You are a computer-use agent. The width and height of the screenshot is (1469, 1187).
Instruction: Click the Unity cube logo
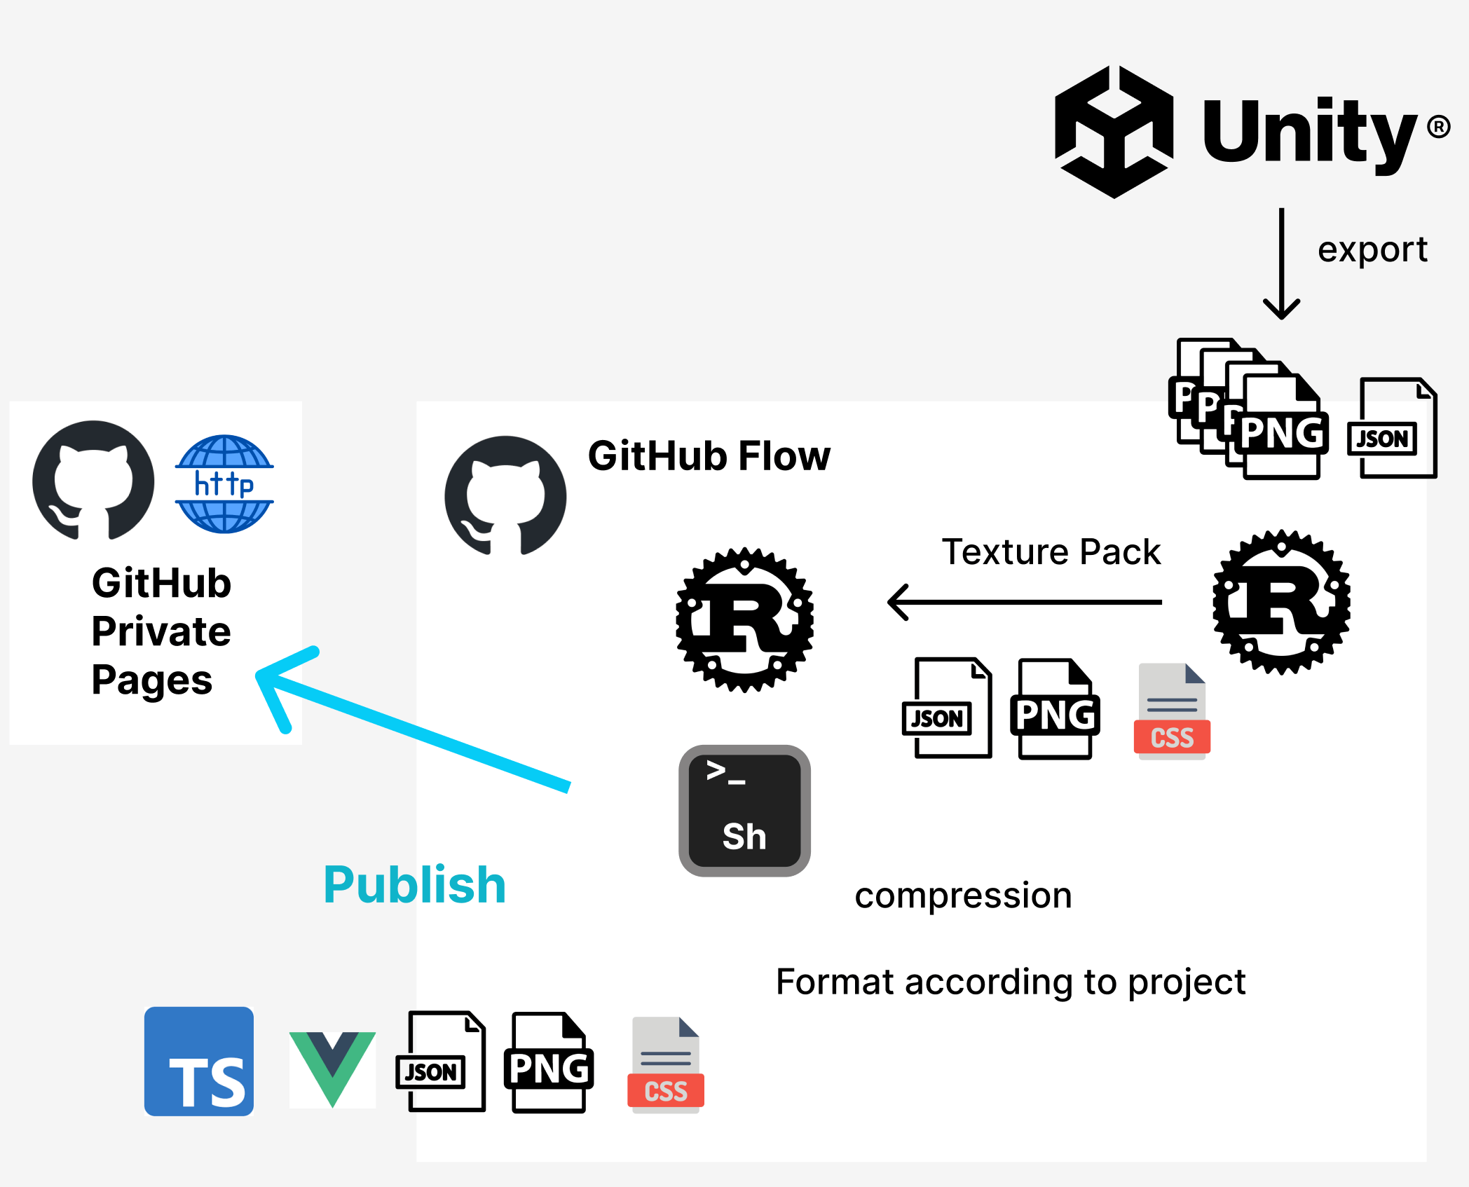(x=1114, y=132)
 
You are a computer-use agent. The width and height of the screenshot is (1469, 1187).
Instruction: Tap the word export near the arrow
(x=1372, y=249)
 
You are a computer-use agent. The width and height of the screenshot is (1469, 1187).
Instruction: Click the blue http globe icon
(x=224, y=483)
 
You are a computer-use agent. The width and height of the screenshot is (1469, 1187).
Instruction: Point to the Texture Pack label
(x=1051, y=551)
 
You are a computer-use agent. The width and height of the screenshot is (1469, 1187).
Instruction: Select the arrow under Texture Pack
(x=1023, y=602)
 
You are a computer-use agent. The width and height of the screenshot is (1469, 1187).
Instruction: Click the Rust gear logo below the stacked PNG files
(x=1281, y=602)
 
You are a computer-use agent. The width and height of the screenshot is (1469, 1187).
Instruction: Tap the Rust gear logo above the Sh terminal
(x=744, y=620)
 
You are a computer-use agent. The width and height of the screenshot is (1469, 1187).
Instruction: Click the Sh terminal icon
(x=744, y=811)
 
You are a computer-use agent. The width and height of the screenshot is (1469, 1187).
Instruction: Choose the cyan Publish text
(x=414, y=884)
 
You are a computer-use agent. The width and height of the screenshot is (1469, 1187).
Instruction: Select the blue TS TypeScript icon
(x=199, y=1061)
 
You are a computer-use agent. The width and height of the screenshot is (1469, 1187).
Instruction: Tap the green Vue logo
(x=332, y=1066)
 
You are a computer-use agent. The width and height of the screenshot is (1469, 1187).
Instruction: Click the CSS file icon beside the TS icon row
(x=665, y=1065)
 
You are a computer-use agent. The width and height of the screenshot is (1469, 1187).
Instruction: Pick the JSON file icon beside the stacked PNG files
(x=1392, y=428)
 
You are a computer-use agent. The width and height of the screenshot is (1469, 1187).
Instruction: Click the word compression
(x=963, y=896)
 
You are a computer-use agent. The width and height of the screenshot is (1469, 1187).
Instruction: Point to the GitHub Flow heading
(x=709, y=456)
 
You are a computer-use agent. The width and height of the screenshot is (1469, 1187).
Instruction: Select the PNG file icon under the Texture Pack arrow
(x=1054, y=708)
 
